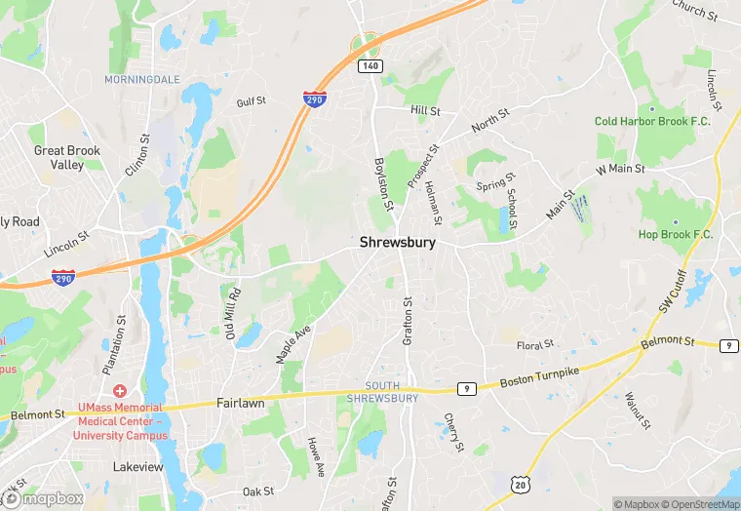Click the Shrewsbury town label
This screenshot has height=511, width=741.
click(x=397, y=242)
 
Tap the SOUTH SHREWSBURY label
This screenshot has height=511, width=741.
click(x=382, y=392)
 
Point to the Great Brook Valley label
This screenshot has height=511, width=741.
click(x=67, y=158)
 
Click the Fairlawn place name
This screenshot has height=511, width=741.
click(x=240, y=403)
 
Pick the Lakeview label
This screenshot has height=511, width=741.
click(x=137, y=467)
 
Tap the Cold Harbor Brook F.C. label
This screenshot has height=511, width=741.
click(x=653, y=121)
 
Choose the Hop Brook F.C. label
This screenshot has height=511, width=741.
click(x=676, y=235)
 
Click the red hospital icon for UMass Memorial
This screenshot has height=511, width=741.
click(x=119, y=391)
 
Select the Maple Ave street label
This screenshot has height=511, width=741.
click(x=292, y=343)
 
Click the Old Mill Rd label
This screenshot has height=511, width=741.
click(x=233, y=308)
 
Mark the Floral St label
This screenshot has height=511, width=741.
click(x=534, y=345)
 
